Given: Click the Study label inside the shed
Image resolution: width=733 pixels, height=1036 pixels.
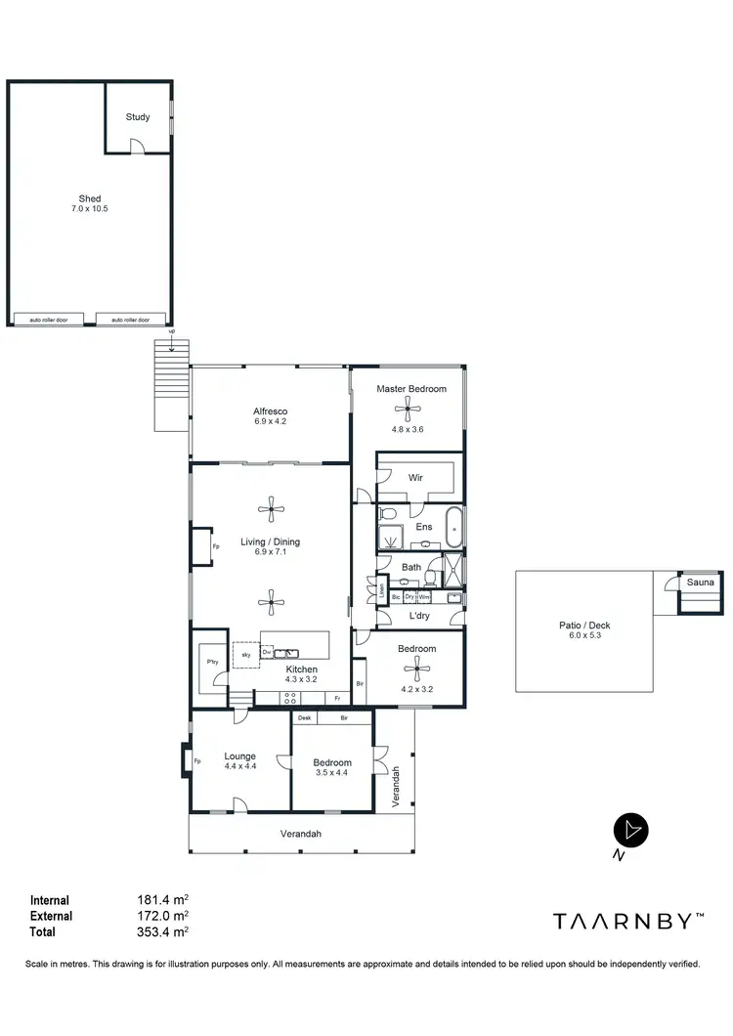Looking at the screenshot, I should click(138, 117).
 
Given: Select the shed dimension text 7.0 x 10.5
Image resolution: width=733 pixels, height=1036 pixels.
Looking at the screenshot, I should click(90, 210).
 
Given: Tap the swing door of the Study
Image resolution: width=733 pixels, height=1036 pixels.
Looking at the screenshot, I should click(139, 146).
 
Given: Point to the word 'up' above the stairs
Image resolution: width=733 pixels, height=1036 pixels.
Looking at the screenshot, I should click(172, 332).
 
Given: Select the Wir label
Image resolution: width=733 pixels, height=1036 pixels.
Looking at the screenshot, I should click(415, 478).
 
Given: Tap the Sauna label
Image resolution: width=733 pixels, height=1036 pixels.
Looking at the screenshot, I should click(701, 583).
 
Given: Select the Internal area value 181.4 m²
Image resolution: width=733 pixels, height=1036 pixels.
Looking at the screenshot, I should click(162, 900).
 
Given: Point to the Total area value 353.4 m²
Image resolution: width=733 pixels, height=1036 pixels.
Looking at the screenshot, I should click(162, 931).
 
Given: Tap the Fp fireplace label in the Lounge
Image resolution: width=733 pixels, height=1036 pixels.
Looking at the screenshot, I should click(196, 761).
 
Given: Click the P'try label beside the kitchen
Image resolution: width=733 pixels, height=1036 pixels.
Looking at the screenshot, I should click(212, 662).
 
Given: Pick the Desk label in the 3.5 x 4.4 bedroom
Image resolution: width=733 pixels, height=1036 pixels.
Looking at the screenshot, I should click(304, 718).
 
